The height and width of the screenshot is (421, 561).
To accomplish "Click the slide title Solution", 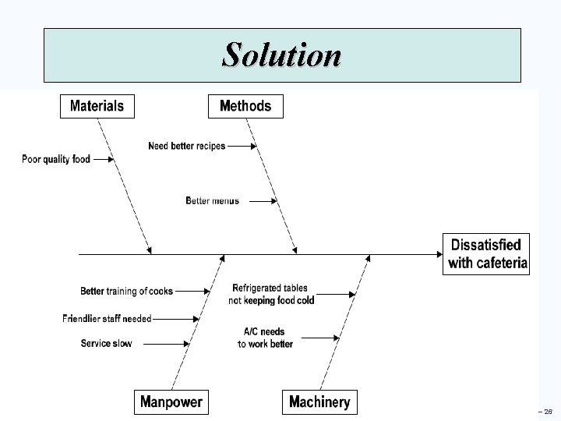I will click(281, 55).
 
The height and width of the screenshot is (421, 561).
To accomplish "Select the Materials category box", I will click(97, 105).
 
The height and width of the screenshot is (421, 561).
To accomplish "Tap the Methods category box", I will click(245, 105).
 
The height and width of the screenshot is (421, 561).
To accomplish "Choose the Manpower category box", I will click(171, 402).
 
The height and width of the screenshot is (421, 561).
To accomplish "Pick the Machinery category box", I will click(319, 402).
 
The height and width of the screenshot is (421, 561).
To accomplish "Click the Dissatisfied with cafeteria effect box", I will click(487, 253).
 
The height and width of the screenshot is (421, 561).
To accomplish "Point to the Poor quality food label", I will click(56, 159).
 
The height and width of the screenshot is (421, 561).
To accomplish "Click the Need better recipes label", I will click(186, 146).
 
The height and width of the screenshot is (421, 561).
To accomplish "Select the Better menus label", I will click(212, 200).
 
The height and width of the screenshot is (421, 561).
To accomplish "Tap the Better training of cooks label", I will click(126, 291).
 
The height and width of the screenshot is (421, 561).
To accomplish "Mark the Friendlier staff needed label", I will click(107, 318).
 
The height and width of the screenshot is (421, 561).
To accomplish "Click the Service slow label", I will click(106, 343).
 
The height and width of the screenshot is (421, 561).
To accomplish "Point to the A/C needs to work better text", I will click(265, 338).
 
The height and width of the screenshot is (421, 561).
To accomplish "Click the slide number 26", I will click(548, 412).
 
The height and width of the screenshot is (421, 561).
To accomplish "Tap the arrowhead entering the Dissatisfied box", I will click(437, 253).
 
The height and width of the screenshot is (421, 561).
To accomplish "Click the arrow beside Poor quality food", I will click(104, 159).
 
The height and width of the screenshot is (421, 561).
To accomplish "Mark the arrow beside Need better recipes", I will click(242, 146).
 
